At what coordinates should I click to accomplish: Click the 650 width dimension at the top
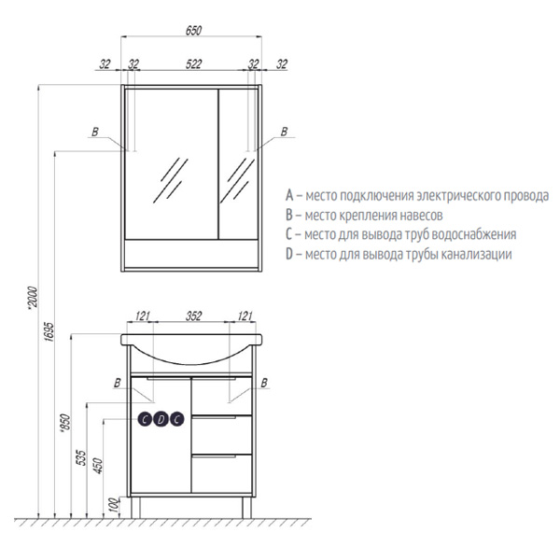click(x=193, y=31)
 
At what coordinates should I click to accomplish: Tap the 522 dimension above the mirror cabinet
click(x=193, y=64)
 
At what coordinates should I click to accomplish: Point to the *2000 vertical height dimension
click(x=33, y=297)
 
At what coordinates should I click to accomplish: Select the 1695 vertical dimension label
click(x=49, y=332)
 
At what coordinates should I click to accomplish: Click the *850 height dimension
click(x=65, y=424)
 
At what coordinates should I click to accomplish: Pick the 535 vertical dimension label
click(x=82, y=458)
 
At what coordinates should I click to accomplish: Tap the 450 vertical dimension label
click(x=98, y=466)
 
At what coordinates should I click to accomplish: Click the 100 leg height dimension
click(x=114, y=504)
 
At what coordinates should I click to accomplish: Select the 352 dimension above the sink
click(x=193, y=316)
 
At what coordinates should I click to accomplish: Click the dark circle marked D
click(x=161, y=419)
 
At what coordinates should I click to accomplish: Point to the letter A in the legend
click(x=289, y=195)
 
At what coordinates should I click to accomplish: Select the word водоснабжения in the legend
click(x=474, y=234)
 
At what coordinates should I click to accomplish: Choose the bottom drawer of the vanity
click(x=222, y=473)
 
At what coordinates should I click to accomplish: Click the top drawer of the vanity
click(x=222, y=396)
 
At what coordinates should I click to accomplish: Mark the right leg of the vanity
click(x=246, y=507)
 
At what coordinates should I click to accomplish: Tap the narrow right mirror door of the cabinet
click(x=238, y=164)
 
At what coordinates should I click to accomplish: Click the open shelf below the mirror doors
click(x=191, y=254)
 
